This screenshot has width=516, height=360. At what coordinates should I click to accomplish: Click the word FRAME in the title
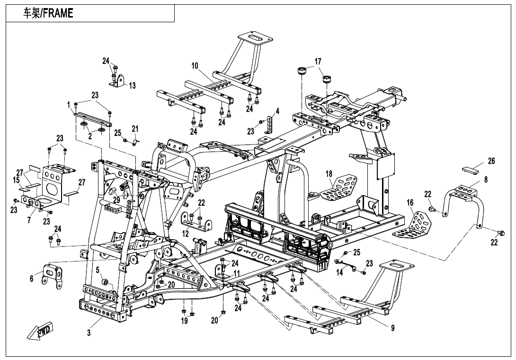pyautogui.click(x=58, y=13)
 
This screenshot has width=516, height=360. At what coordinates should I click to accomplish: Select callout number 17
pyautogui.click(x=318, y=62)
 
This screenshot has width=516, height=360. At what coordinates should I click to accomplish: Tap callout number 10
pyautogui.click(x=195, y=66)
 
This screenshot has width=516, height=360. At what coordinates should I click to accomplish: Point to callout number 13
pyautogui.click(x=133, y=86)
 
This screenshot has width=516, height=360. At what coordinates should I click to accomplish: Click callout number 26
pyautogui.click(x=491, y=162)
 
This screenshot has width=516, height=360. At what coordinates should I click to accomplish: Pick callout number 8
pyautogui.click(x=486, y=180)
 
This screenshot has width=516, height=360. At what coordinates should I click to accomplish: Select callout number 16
pyautogui.click(x=410, y=203)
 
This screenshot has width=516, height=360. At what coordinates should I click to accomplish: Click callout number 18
pyautogui.click(x=329, y=174)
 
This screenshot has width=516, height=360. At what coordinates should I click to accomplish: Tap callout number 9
pyautogui.click(x=392, y=328)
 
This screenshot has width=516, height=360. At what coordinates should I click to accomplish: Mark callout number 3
pyautogui.click(x=89, y=333)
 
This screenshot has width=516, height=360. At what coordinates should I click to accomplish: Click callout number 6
pyautogui.click(x=32, y=279)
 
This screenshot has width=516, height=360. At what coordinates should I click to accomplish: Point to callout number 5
pyautogui.click(x=98, y=270)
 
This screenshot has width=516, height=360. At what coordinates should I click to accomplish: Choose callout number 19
pyautogui.click(x=185, y=321)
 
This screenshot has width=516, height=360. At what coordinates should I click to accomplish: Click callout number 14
pyautogui.click(x=339, y=272)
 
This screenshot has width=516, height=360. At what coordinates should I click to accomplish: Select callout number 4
pyautogui.click(x=277, y=111)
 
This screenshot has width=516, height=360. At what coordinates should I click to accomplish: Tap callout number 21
pyautogui.click(x=135, y=128)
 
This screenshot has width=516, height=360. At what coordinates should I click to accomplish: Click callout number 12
pyautogui.click(x=186, y=234)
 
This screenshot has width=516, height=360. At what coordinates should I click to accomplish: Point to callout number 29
pyautogui.click(x=116, y=200)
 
